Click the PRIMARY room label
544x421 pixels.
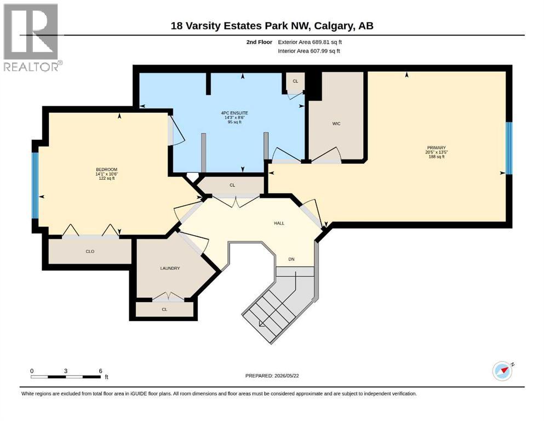[436, 147]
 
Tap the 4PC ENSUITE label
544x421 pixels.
[234, 113]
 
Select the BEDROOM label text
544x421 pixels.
[106, 169]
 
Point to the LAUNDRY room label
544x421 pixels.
[170, 268]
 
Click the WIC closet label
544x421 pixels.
[336, 123]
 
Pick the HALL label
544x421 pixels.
[279, 223]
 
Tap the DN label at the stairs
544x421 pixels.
[291, 259]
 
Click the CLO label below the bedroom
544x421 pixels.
[90, 251]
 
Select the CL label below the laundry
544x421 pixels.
[164, 309]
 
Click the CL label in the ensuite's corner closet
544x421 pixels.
[295, 81]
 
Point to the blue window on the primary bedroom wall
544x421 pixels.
[509, 148]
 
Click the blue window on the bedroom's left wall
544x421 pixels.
[35, 186]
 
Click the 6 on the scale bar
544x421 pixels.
[101, 371]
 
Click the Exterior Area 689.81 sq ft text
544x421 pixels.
[310, 42]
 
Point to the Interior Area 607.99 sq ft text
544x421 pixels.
[309, 51]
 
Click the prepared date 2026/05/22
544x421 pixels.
[287, 376]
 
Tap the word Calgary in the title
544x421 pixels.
[335, 26]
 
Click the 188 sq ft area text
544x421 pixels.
[437, 157]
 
